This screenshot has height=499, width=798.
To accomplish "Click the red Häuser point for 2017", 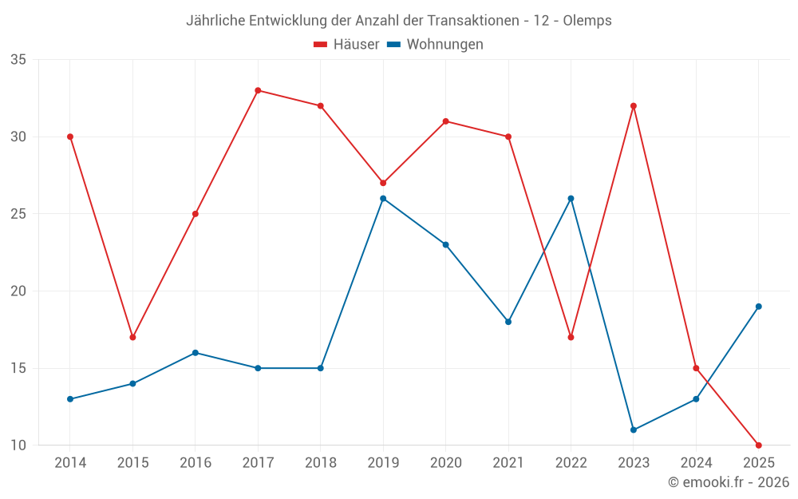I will pos(258,90).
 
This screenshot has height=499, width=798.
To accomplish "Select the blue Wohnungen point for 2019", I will pos(383,198).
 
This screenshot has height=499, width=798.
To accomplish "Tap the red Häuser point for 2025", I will pos(758,445).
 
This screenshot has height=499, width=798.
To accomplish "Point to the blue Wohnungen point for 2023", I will pos(634,430).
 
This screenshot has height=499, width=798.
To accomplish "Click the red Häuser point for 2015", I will pos(132,337).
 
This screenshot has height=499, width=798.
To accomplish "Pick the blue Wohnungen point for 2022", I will pos(571,198).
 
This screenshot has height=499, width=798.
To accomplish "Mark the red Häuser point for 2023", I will pos(634,105).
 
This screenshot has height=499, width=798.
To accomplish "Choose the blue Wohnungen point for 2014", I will pos(70,398).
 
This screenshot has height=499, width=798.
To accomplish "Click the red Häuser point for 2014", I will pos(70,137).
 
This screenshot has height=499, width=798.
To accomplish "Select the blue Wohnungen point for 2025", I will pos(758,306).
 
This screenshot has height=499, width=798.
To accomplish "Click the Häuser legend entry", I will pos(347,45).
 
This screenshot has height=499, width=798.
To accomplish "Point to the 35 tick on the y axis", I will pos(18,60).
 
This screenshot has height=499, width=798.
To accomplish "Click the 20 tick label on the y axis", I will pos(18,291).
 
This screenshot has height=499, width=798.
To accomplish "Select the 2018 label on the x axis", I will pos(320,463).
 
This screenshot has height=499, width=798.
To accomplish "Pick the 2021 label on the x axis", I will pos(508,463).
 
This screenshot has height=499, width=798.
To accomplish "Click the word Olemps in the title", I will pos(587,21).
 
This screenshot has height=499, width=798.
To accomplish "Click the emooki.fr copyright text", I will pos(729,482).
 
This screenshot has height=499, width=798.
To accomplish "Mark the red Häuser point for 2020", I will pos(445,121).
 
